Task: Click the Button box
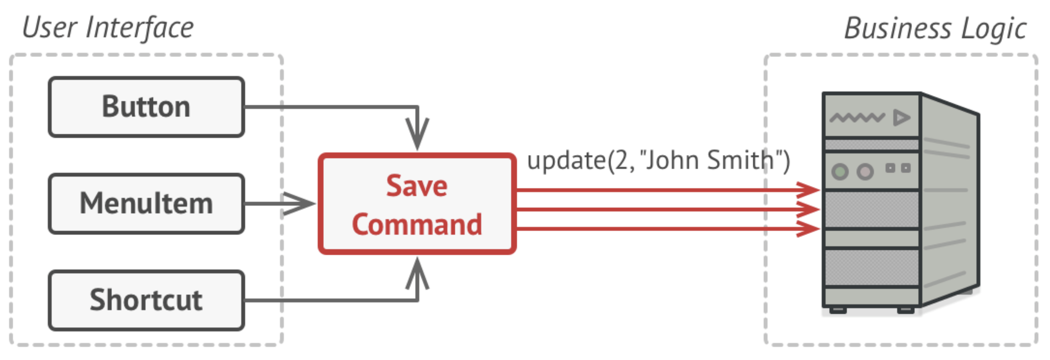click(x=146, y=107)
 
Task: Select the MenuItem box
click(x=146, y=203)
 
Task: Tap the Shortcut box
click(x=146, y=300)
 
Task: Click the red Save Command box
click(x=417, y=204)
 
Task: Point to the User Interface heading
click(x=108, y=28)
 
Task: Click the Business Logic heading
click(x=935, y=29)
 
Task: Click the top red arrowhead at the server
click(x=808, y=190)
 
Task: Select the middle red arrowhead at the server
click(x=808, y=209)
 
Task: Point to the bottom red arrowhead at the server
click(x=808, y=228)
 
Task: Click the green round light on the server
click(x=840, y=171)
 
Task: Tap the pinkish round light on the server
click(x=865, y=171)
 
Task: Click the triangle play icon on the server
click(x=901, y=118)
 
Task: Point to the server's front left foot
click(x=838, y=310)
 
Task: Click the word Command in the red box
click(x=417, y=224)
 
